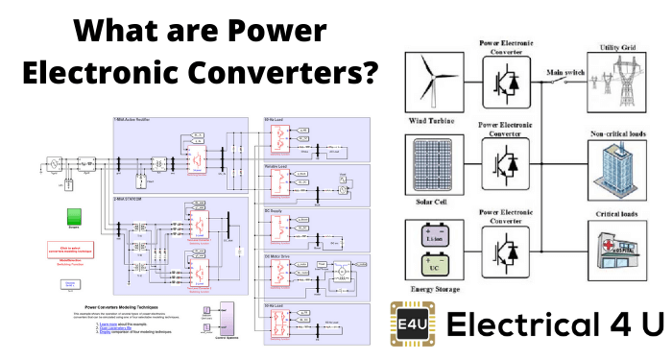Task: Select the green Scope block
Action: pyautogui.click(x=71, y=217)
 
